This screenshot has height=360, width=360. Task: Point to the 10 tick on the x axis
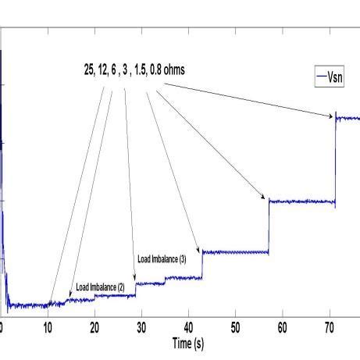click(48, 327)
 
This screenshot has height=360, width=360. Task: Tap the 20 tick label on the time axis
click(94, 327)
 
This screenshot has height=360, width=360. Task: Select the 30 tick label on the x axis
click(141, 327)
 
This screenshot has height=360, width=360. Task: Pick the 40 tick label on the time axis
click(188, 327)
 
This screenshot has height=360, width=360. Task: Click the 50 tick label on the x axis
click(235, 327)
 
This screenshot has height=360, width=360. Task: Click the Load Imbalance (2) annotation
click(100, 287)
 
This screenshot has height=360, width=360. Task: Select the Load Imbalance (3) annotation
click(162, 258)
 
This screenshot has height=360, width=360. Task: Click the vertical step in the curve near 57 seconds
click(269, 226)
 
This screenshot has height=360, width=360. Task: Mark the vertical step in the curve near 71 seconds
click(335, 160)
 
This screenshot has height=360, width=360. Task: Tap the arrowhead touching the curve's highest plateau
click(331, 116)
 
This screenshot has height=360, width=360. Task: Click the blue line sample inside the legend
click(322, 76)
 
